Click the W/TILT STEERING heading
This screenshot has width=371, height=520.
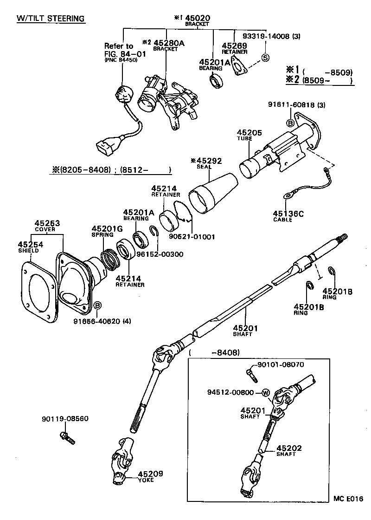click(51, 19)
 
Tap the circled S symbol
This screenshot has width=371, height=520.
click(265, 58)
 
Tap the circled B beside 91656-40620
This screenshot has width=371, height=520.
click(97, 305)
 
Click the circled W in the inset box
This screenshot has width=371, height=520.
click(266, 393)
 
